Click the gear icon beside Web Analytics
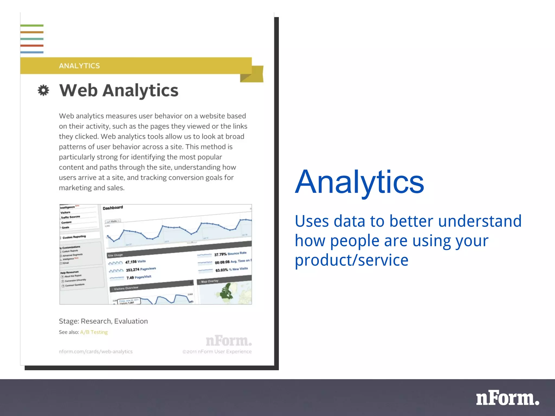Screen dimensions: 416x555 [43, 90]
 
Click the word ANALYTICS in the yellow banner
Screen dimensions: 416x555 [79, 66]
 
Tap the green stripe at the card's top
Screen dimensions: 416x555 [32, 26]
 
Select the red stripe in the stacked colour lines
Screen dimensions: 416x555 [32, 45]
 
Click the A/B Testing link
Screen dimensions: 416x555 [94, 332]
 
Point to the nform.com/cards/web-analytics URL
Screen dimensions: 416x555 [96, 352]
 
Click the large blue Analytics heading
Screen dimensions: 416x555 [359, 182]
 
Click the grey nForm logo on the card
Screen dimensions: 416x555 [229, 341]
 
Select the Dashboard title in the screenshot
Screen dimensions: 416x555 [113, 208]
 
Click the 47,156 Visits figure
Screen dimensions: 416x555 [135, 262]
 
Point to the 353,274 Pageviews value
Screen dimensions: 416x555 [141, 269]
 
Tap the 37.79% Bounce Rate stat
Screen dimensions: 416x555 [230, 254]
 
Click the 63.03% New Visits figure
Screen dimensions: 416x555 [231, 269]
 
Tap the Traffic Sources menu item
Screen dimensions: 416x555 [70, 217]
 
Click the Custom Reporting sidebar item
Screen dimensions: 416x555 [74, 237]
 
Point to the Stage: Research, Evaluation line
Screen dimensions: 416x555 [103, 321]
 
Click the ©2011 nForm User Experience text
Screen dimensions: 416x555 [217, 352]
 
